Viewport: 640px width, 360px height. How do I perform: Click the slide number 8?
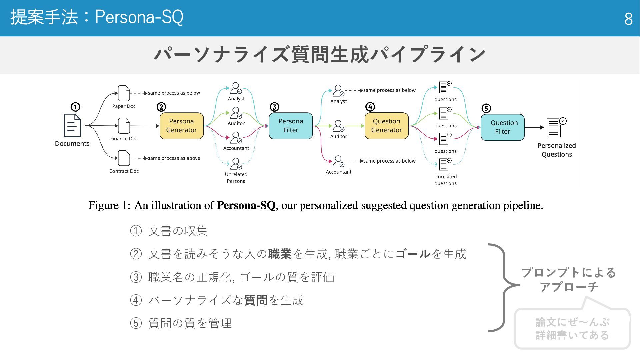click(x=628, y=19)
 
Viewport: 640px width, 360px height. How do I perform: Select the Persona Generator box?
click(x=181, y=126)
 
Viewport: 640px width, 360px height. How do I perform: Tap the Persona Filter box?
click(x=291, y=126)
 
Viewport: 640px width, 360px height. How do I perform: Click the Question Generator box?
click(x=386, y=126)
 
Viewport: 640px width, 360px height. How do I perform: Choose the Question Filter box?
click(x=502, y=127)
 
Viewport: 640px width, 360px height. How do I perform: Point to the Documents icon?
click(x=72, y=126)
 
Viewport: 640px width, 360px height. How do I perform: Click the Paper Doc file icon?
click(x=124, y=93)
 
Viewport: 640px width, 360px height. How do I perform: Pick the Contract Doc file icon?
click(x=124, y=158)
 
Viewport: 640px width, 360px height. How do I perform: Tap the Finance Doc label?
click(x=124, y=139)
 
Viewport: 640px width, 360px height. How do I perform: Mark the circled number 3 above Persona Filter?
click(x=274, y=107)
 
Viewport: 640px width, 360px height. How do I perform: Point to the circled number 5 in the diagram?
click(x=486, y=108)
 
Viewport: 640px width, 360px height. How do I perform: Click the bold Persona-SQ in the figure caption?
click(x=246, y=205)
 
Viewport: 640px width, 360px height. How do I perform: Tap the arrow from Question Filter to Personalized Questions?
click(x=534, y=127)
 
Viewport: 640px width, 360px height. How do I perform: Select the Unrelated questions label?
click(x=445, y=180)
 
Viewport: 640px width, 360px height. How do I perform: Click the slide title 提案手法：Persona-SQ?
click(x=97, y=17)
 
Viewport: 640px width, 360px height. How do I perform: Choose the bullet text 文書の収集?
click(x=178, y=231)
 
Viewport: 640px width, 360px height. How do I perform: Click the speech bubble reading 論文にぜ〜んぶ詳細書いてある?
click(x=572, y=329)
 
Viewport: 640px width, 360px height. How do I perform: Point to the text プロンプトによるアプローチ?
click(x=569, y=280)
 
